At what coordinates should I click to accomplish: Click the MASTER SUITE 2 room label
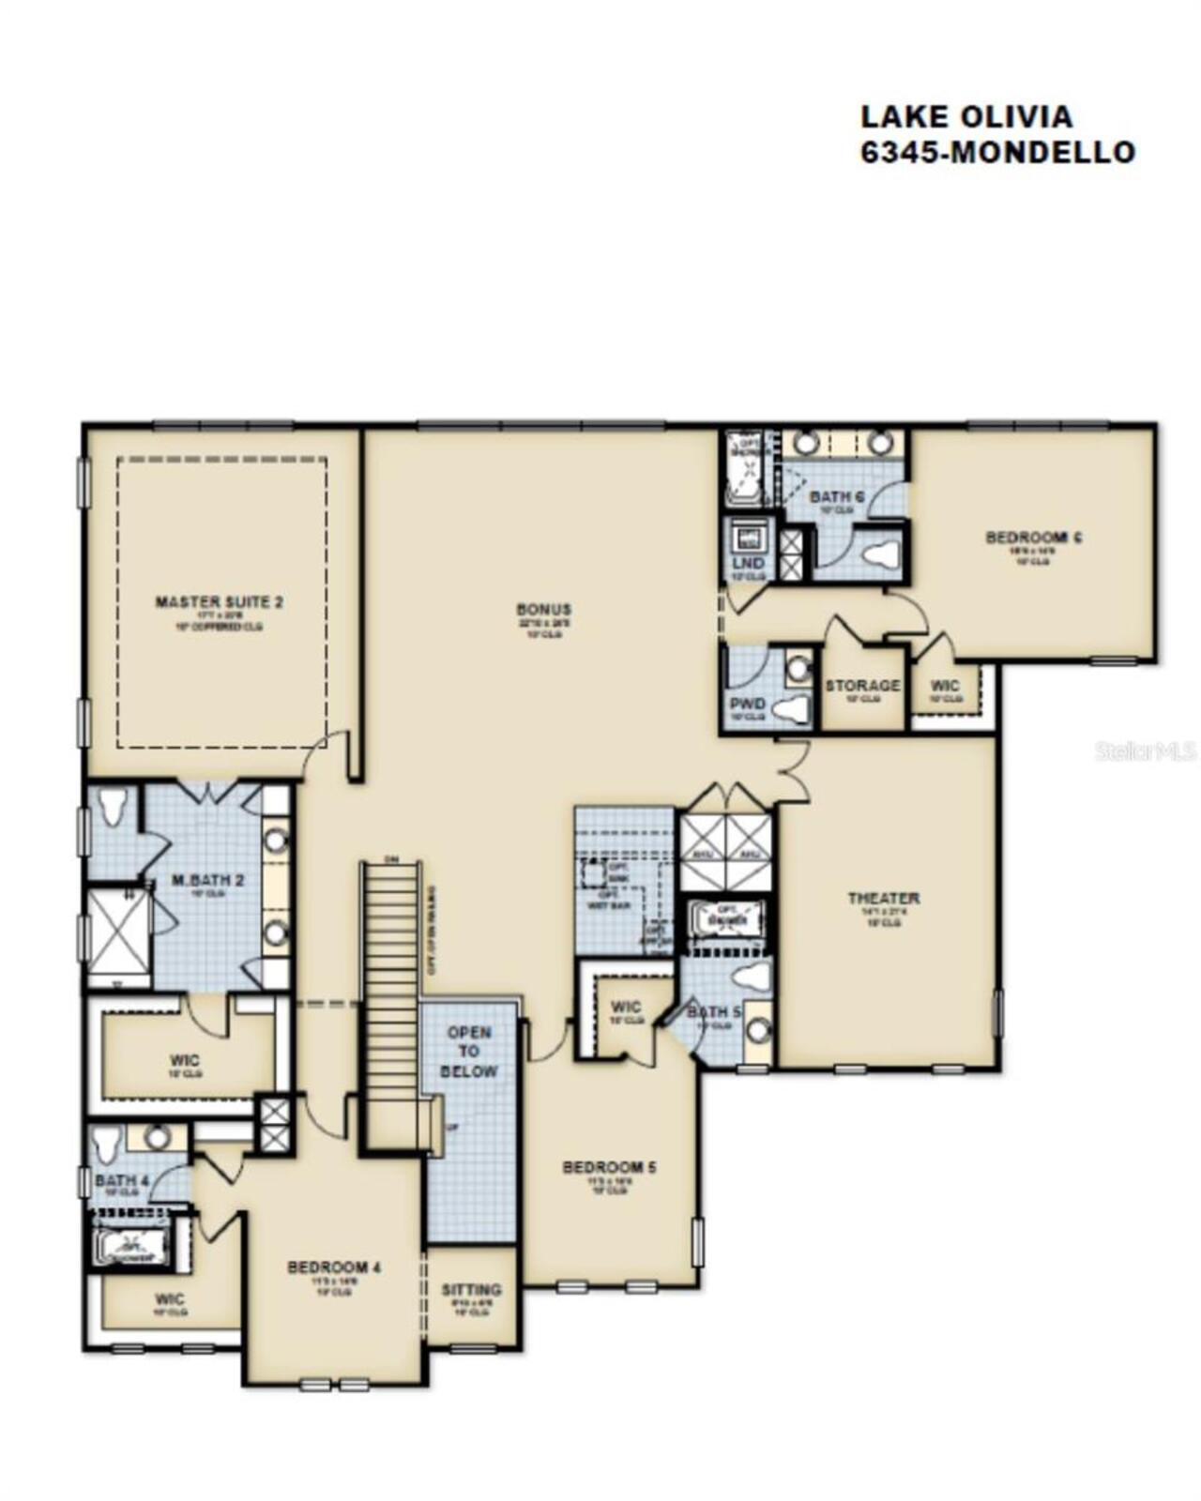tap(219, 601)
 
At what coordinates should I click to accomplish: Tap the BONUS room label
tap(543, 610)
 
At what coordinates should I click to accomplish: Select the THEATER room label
tap(884, 898)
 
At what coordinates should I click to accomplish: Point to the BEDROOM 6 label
tap(1035, 538)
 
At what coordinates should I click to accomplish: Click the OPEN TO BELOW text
tap(469, 1052)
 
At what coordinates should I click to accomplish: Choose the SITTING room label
tap(471, 1290)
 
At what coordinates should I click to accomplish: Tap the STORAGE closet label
tap(862, 686)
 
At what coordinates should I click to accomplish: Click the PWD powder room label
tap(748, 704)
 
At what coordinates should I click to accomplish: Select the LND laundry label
tap(748, 564)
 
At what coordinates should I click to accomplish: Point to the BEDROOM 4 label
tap(334, 1267)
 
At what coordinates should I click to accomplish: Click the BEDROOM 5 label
tap(609, 1167)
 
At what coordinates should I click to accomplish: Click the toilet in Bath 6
tap(881, 554)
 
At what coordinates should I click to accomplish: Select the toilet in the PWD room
tap(795, 709)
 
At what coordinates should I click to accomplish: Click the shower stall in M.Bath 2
tap(117, 932)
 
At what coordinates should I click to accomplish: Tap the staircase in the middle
tap(391, 1004)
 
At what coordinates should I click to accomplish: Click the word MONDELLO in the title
tap(1041, 152)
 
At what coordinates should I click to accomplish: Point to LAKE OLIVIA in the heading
tap(966, 116)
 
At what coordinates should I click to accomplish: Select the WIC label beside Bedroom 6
tap(945, 686)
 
